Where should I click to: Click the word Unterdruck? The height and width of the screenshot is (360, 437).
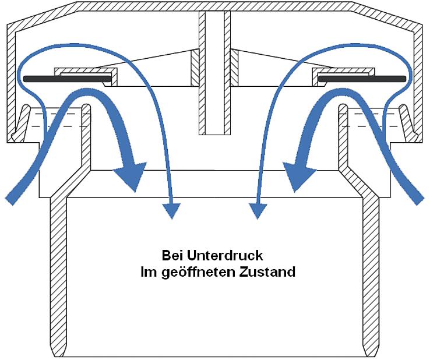225,256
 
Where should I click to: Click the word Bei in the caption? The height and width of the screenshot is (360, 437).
172,256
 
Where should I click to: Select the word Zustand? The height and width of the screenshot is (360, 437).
267,272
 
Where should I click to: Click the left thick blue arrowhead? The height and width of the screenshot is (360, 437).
130,175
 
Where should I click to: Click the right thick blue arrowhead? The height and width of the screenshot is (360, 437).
299,175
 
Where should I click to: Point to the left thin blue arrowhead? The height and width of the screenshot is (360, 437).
171,210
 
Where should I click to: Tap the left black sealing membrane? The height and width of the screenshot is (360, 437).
67,79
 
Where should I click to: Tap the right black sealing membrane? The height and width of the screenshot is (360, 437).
362,79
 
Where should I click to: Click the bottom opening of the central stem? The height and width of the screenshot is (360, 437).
214,135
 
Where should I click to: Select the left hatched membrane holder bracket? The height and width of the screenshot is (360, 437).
86,77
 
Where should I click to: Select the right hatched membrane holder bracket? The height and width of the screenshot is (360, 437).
343,77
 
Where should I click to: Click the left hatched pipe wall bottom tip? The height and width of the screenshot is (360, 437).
58,355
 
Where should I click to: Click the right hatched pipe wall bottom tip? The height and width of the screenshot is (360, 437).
371,355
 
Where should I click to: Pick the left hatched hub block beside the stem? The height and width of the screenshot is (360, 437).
195,68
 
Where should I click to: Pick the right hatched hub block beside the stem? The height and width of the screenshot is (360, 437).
234,68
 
